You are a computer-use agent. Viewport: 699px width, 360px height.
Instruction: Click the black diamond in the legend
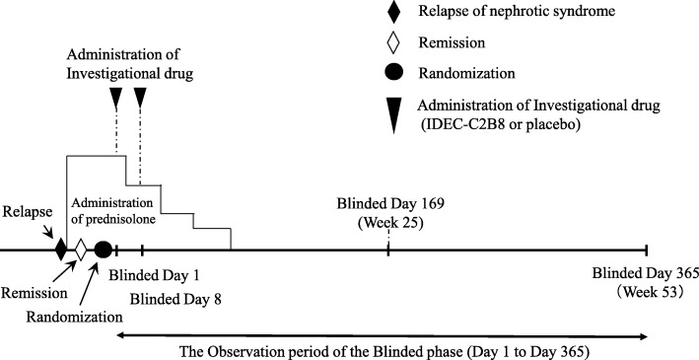(393, 14)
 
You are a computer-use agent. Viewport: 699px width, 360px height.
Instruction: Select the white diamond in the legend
(393, 44)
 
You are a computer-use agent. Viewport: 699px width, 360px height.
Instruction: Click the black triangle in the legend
(393, 112)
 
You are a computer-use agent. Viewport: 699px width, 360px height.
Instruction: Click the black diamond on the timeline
(61, 251)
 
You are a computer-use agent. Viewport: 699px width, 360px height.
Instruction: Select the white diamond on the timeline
(81, 251)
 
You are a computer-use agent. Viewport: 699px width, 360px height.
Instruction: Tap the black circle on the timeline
(103, 251)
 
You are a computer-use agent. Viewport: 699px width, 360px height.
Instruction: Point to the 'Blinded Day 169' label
(390, 205)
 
